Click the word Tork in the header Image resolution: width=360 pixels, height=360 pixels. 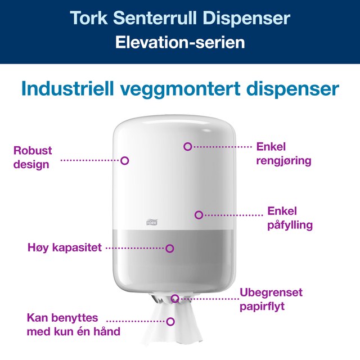(x=89, y=17)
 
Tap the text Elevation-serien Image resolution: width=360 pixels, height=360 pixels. (x=180, y=43)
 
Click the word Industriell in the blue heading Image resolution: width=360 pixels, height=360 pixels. (x=67, y=88)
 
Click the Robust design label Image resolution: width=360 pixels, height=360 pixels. (x=33, y=157)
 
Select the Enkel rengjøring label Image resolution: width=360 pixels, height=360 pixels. (x=283, y=154)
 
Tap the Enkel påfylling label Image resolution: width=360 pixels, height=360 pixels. (x=290, y=218)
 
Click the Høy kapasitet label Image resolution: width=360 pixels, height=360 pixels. (x=65, y=247)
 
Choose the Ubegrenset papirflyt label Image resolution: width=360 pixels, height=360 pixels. (x=271, y=299)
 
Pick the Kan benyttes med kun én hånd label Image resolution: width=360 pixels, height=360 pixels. (x=74, y=325)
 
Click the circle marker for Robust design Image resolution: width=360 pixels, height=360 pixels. (x=125, y=161)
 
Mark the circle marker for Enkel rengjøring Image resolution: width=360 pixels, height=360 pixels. (x=187, y=146)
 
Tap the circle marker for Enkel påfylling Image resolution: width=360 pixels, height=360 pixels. (x=199, y=215)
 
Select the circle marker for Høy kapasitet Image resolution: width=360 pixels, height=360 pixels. (x=170, y=249)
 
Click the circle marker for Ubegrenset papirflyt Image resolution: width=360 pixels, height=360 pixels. (x=175, y=299)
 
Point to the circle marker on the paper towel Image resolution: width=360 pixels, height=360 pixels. (x=170, y=322)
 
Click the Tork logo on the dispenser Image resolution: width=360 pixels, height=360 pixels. (x=152, y=222)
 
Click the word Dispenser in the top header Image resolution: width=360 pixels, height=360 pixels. (x=246, y=19)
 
